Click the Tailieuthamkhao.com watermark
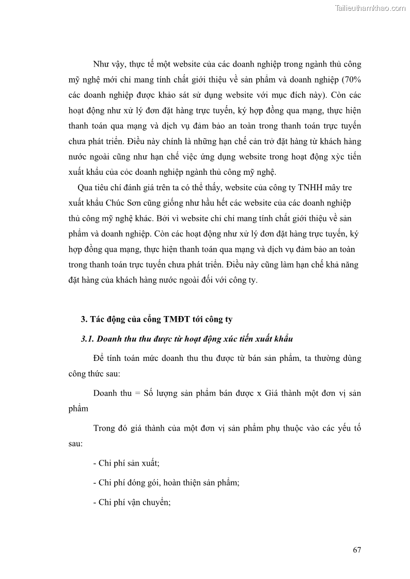(x=370, y=8)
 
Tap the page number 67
(x=356, y=550)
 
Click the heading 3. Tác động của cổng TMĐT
(x=156, y=319)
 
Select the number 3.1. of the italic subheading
(x=88, y=339)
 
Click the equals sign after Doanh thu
(x=137, y=393)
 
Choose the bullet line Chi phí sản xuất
(x=127, y=463)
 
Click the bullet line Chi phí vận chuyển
(x=132, y=502)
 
